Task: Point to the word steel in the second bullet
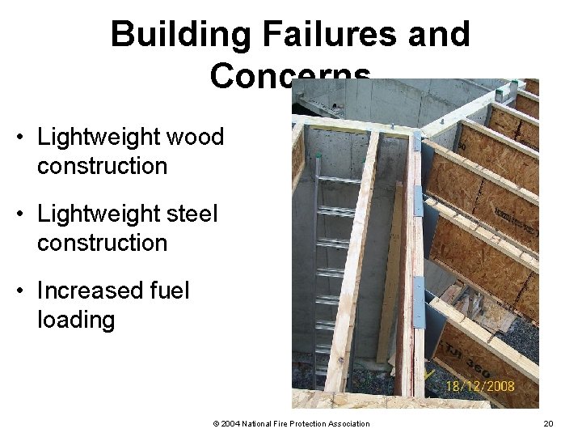coord(191,214)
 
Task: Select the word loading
coord(76,320)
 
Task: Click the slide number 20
coord(548,423)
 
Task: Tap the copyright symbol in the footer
coord(216,423)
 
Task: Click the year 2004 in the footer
coord(230,423)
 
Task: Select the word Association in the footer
coord(347,423)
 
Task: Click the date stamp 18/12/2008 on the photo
coord(480,386)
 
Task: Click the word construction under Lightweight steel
coord(102,243)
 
